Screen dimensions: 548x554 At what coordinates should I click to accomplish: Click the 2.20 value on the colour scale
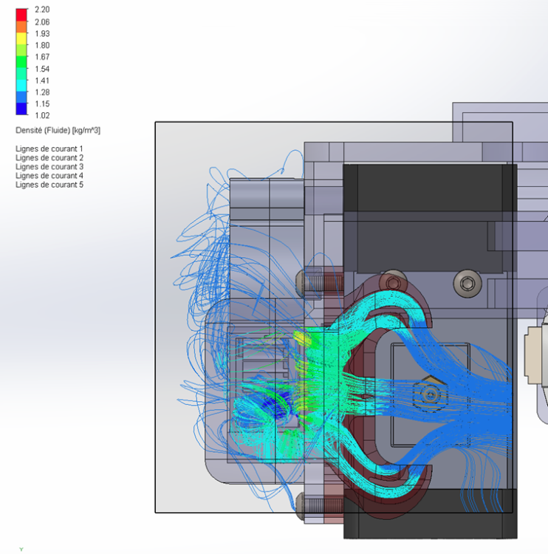point(42,10)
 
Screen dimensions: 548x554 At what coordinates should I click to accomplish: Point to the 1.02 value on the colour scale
point(42,115)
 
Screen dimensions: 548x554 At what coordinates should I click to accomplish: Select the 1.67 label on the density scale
point(42,57)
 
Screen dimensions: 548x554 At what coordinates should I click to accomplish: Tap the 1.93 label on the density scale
point(42,33)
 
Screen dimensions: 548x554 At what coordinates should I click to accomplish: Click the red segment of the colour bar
point(21,15)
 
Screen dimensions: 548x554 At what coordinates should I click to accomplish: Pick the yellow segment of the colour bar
point(21,38)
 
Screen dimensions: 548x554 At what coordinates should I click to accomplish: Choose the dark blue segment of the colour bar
point(21,109)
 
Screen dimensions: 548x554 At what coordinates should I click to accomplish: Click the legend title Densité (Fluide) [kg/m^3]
point(58,130)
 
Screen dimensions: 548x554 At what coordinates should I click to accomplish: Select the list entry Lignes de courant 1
point(49,148)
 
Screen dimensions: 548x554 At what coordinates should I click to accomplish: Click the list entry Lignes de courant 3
point(49,167)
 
